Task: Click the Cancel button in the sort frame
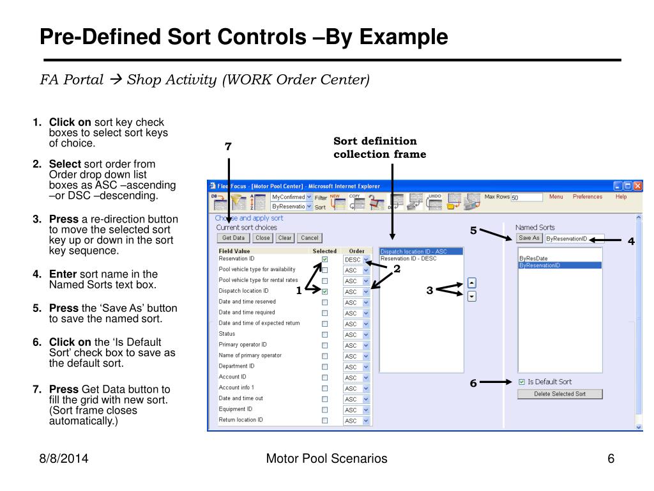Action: click(309, 238)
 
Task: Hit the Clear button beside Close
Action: click(285, 238)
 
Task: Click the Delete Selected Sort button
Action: click(559, 394)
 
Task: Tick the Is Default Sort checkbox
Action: click(522, 382)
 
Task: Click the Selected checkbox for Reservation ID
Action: click(324, 260)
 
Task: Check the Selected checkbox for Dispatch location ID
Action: click(324, 292)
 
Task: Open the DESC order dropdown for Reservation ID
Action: click(366, 260)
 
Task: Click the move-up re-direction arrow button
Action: click(472, 283)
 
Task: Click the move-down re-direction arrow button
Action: click(472, 296)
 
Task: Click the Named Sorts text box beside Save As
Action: click(573, 238)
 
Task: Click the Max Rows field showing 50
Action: click(526, 198)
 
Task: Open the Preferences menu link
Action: click(587, 197)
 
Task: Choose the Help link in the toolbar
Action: click(621, 197)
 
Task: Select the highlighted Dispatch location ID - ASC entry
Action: click(414, 252)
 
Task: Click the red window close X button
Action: click(637, 186)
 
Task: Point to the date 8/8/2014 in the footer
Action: click(61, 458)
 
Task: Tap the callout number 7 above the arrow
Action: click(228, 147)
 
